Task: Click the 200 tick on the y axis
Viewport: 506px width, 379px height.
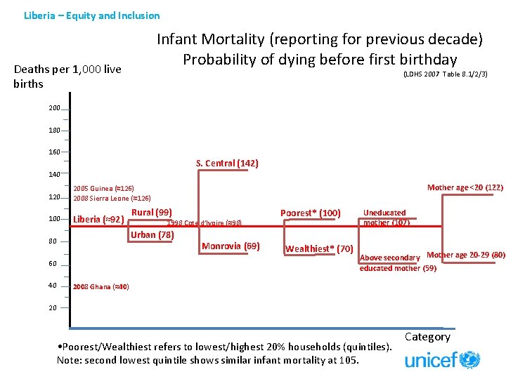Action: point(54,108)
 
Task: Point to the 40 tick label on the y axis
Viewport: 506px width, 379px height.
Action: point(53,286)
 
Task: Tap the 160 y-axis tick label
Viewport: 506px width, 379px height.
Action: point(54,152)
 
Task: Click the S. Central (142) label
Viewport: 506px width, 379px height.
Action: point(227,164)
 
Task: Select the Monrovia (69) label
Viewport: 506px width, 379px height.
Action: point(231,246)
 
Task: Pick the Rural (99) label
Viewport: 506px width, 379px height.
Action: point(152,212)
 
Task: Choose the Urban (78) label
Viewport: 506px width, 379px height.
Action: point(152,235)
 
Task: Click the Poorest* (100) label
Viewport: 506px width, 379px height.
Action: point(310,213)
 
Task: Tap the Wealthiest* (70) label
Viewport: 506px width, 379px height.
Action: point(319,249)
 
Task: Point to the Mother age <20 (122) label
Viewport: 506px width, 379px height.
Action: point(465,187)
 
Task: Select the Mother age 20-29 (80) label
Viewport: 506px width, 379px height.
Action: point(466,255)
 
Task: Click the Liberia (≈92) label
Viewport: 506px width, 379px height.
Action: point(98,219)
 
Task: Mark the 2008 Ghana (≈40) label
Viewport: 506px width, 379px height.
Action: point(100,287)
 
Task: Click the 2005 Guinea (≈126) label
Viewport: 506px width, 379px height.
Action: point(103,189)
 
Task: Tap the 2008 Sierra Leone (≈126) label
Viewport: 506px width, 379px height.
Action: point(112,199)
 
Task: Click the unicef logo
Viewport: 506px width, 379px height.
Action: point(442,360)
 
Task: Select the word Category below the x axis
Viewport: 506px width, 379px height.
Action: point(427,337)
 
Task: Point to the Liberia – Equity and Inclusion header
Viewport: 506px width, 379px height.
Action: point(91,15)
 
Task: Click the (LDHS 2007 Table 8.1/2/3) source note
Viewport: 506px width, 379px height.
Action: point(445,74)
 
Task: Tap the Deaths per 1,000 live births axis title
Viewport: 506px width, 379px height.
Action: point(67,77)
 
